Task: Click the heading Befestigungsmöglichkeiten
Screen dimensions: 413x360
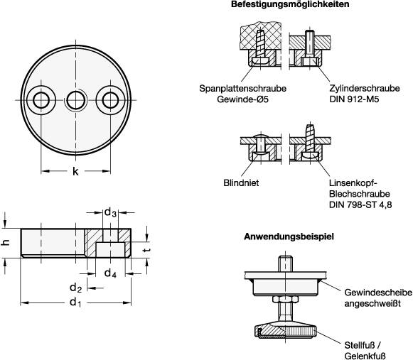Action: click(290, 4)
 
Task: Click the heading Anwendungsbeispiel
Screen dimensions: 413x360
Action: click(289, 236)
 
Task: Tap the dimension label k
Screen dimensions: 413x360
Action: click(75, 172)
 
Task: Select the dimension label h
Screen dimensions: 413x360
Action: click(6, 242)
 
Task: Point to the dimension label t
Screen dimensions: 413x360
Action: click(147, 249)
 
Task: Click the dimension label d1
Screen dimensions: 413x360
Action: click(76, 302)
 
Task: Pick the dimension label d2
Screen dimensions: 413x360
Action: click(76, 288)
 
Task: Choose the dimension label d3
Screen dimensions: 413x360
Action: click(110, 212)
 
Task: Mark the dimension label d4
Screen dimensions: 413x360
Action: click(110, 273)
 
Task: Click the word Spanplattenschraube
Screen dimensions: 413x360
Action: click(242, 89)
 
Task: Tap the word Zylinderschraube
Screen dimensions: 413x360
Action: click(365, 89)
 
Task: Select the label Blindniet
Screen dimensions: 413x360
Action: click(241, 183)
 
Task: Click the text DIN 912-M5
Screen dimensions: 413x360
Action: click(354, 99)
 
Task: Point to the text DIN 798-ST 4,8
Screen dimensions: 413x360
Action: click(360, 204)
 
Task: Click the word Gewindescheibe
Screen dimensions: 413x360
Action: click(378, 293)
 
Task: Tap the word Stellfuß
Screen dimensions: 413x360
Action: click(359, 345)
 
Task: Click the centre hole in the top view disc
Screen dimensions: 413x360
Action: click(76, 100)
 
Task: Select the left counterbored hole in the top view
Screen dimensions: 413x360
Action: click(41, 100)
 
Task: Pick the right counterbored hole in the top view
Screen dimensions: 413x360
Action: click(110, 100)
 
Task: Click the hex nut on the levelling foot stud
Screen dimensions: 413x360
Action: click(286, 299)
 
